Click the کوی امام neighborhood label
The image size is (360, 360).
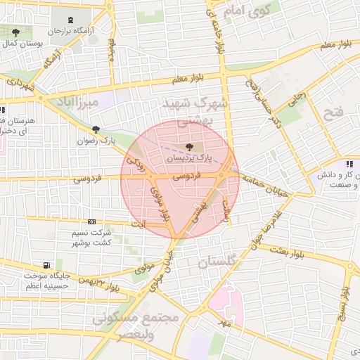pyautogui.click(x=246, y=11)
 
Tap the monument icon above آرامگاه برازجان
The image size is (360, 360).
pyautogui.click(x=74, y=20)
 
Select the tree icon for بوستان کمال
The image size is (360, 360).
pyautogui.click(x=15, y=32)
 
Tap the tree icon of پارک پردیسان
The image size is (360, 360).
pyautogui.click(x=188, y=147)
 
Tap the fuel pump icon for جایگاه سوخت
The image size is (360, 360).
pyautogui.click(x=46, y=265)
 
